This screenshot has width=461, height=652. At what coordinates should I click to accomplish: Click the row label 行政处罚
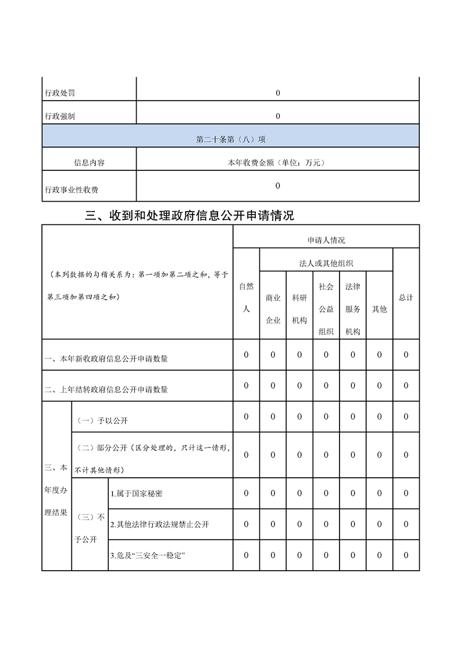60,93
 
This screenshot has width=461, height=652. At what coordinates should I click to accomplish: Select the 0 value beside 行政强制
278,116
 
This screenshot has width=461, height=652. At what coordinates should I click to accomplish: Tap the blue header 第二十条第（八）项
231,140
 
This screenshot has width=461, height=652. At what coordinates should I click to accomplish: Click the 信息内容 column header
90,163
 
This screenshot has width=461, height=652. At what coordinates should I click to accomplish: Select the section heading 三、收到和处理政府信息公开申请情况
190,216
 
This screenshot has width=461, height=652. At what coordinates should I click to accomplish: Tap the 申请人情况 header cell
326,240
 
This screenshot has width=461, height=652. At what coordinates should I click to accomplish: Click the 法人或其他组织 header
326,263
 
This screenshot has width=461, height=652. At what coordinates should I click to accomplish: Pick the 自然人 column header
246,298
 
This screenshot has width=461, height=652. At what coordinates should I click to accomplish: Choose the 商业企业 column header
273,309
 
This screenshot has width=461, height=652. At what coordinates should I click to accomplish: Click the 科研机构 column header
300,309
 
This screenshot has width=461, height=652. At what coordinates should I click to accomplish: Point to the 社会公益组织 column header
326,309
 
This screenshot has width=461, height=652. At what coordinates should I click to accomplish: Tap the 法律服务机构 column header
353,309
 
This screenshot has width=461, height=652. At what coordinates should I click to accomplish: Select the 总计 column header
406,297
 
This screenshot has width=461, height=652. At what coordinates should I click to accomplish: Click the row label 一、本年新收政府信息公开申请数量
106,359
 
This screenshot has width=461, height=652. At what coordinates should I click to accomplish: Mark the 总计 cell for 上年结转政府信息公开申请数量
406,385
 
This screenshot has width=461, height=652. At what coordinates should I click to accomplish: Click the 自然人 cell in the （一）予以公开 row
246,416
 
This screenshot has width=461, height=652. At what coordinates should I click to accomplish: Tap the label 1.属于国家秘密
137,493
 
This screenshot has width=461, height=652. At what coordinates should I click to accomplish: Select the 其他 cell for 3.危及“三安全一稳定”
380,555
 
